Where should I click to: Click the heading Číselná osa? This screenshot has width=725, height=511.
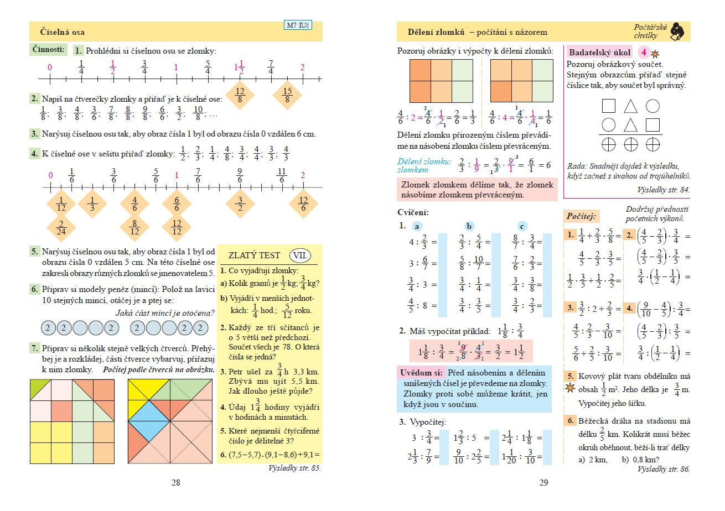click(x=63, y=32)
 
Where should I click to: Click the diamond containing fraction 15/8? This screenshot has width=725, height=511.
click(x=287, y=95)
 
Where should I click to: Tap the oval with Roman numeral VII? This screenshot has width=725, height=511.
click(x=301, y=255)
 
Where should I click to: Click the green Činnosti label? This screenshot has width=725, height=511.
click(x=49, y=49)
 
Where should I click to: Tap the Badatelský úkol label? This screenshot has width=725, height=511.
click(x=600, y=53)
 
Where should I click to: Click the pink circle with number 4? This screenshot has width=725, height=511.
click(x=643, y=53)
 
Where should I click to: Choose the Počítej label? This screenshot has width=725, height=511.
click(x=581, y=215)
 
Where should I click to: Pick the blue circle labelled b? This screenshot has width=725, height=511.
click(x=470, y=226)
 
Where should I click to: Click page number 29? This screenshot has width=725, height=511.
click(x=543, y=483)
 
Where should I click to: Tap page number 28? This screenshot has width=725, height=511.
click(x=175, y=483)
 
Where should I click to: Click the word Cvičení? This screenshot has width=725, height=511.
click(x=413, y=212)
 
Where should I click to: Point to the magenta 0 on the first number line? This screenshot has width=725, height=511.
click(x=50, y=67)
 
